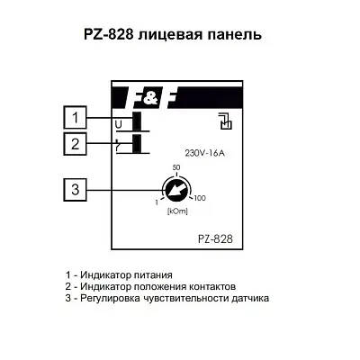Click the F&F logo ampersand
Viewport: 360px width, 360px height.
pos(148,97)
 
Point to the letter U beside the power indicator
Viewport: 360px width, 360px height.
pos(119,125)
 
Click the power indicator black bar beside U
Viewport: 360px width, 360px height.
pos(137,121)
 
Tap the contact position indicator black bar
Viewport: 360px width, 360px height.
pos(137,144)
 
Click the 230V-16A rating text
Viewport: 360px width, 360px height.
pos(205,153)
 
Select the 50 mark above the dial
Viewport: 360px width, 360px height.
pos(176,167)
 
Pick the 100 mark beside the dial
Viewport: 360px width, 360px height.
pos(200,198)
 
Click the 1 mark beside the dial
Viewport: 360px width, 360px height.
pos(157,203)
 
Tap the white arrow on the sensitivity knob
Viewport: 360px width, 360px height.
pos(175,191)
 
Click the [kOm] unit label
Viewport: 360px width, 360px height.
pos(177,211)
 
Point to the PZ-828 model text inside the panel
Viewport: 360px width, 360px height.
pos(215,239)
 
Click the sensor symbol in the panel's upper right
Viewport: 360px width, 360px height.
pos(226,121)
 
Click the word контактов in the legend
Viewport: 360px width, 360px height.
pos(212,286)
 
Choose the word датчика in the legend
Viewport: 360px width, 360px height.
pos(250,299)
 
